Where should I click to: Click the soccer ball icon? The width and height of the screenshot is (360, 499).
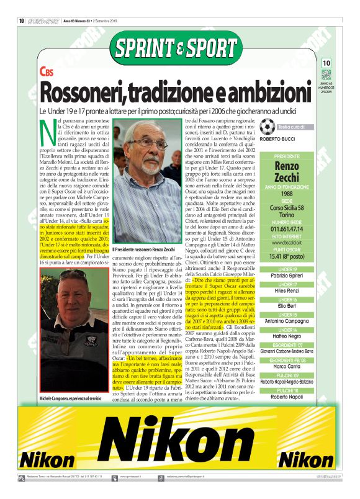point(268,127)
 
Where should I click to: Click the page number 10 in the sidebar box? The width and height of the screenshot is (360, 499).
point(326,63)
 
